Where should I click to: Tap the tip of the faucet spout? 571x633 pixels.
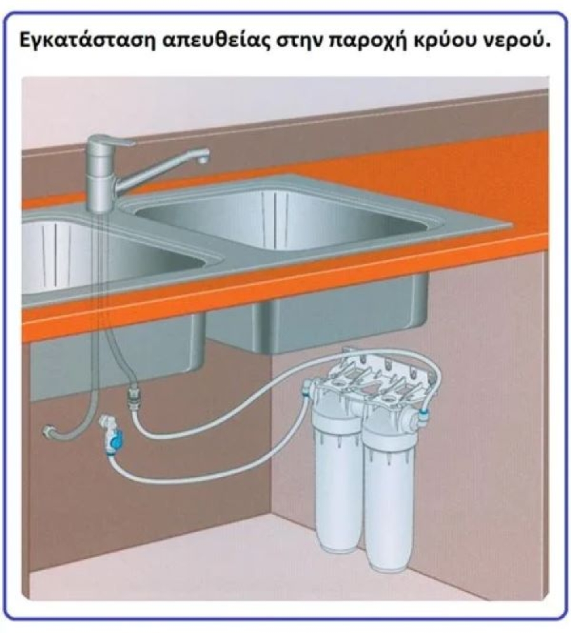203,160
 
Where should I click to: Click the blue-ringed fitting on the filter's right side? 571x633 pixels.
423,414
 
